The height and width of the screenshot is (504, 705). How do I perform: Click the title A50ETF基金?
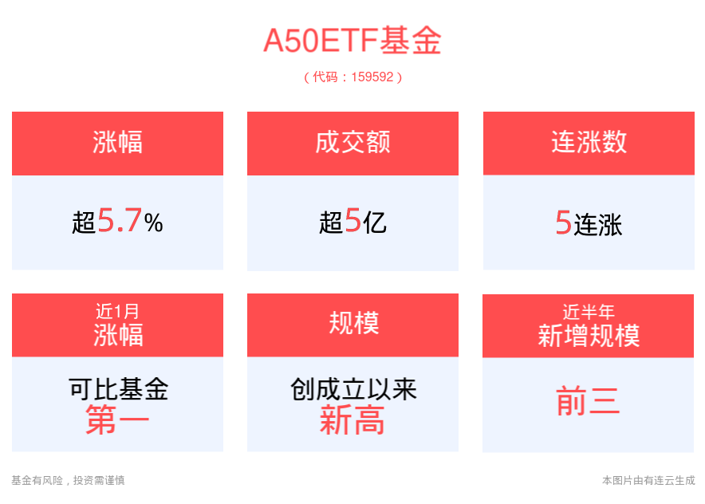(352, 41)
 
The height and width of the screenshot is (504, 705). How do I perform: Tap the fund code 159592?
(372, 77)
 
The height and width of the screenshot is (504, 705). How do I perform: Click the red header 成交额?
(353, 142)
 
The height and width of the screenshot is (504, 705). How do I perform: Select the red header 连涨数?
(589, 142)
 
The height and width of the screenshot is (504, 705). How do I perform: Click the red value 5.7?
(120, 220)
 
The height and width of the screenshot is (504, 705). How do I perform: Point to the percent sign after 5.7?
(154, 223)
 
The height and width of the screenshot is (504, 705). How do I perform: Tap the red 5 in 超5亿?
(353, 220)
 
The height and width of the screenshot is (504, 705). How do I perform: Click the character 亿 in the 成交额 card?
(375, 223)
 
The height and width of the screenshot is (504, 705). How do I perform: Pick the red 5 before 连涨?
(563, 222)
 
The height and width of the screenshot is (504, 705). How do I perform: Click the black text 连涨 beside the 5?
(598, 225)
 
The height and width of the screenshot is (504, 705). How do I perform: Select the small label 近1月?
(117, 311)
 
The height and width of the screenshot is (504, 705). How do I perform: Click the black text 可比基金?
(118, 389)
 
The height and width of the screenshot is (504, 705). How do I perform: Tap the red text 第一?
(117, 419)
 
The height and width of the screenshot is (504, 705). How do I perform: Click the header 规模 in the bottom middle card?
(354, 323)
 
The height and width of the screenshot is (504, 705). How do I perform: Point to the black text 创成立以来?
(353, 389)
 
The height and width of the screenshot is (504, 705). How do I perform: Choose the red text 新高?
(352, 419)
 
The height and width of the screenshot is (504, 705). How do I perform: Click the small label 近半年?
(589, 312)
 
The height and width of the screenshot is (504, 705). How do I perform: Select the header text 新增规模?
(589, 336)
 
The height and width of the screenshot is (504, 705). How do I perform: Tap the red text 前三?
(588, 401)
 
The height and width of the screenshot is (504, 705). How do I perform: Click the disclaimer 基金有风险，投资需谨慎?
(68, 480)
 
